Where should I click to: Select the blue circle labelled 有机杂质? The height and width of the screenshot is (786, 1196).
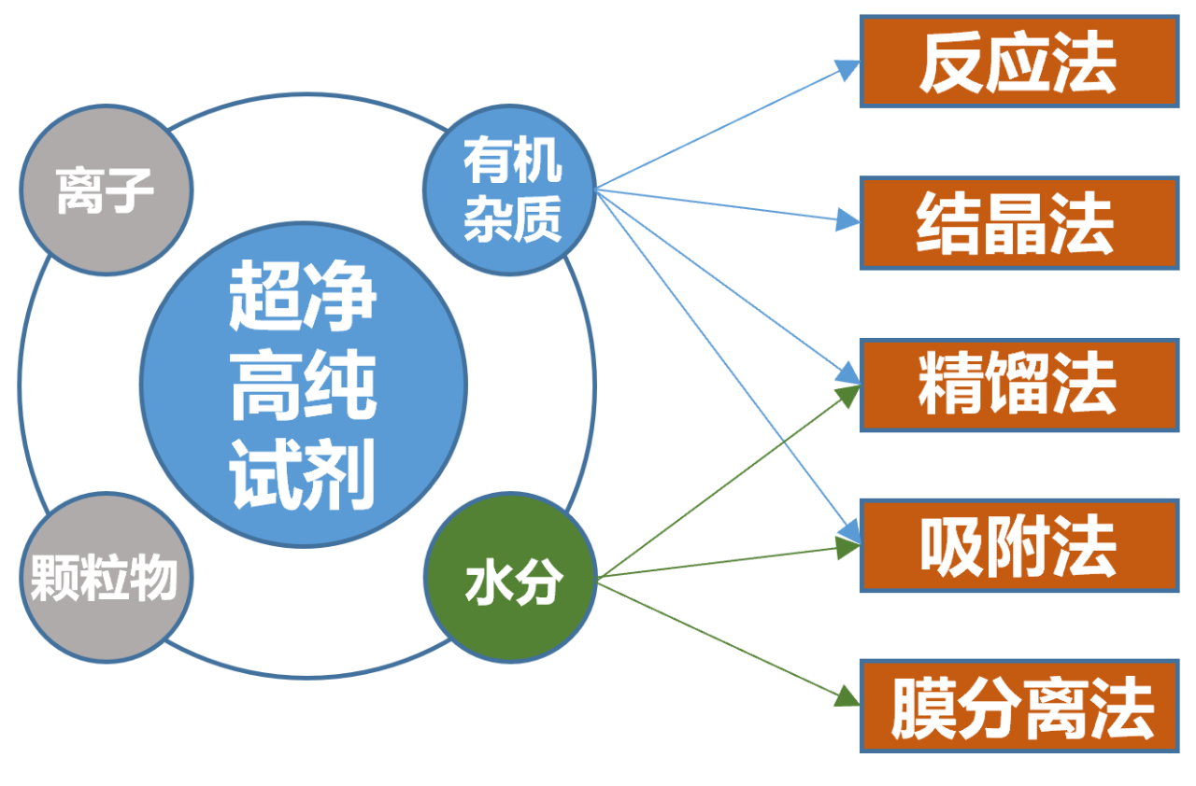tap(509, 191)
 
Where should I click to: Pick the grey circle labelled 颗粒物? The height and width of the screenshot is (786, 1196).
tap(105, 578)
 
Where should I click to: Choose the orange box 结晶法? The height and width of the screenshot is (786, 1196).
tap(1018, 224)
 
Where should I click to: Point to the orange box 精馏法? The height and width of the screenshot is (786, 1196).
tap(1018, 386)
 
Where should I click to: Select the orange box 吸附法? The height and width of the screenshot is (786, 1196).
tap(1018, 546)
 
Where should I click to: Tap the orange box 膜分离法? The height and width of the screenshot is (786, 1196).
tap(1018, 707)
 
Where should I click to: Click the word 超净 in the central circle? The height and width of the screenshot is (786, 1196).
tap(303, 297)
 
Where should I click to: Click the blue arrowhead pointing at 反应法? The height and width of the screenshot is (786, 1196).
tap(847, 68)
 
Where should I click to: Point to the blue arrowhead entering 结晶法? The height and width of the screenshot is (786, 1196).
tap(847, 220)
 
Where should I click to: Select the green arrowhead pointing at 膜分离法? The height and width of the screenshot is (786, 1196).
tap(847, 696)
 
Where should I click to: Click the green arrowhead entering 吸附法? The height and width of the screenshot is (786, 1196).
tap(847, 548)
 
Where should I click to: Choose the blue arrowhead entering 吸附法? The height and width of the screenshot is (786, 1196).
tap(849, 533)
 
